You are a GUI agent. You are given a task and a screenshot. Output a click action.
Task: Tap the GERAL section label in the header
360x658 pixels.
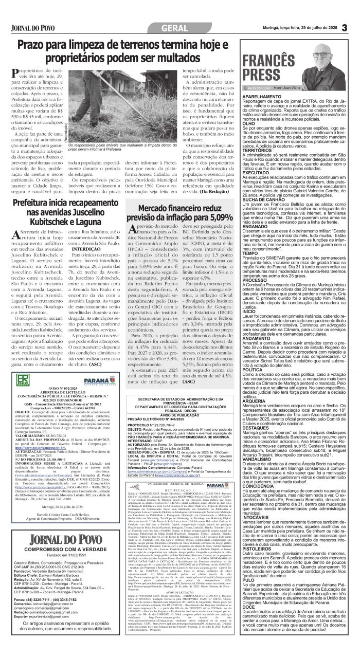tap(178, 27)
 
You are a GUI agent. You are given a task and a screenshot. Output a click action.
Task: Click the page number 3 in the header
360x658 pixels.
tap(344, 27)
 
